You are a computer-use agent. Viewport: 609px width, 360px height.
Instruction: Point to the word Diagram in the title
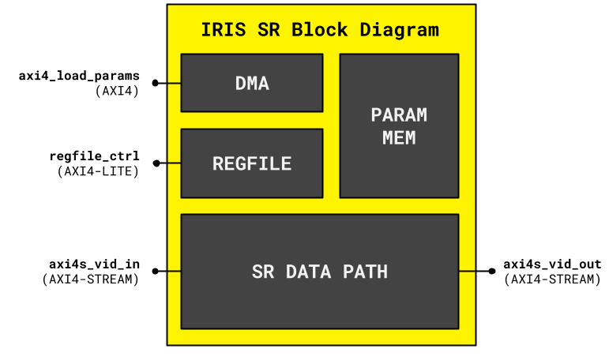tap(399, 31)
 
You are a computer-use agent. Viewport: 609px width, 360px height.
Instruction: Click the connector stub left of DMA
tap(175, 83)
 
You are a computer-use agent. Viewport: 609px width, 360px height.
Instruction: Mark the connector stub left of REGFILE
tap(175, 163)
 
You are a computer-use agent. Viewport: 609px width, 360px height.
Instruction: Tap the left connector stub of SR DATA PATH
tap(175, 272)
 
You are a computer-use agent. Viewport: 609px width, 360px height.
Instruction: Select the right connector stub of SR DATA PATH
tap(467, 272)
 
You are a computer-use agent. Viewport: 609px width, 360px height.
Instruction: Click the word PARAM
tap(399, 115)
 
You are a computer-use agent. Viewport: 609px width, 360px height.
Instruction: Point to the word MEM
tap(399, 138)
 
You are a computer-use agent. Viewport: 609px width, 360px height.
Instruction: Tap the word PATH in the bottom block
tap(365, 272)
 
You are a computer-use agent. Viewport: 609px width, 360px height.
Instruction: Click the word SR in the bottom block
tap(263, 272)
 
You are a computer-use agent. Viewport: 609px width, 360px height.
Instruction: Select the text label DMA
tap(252, 83)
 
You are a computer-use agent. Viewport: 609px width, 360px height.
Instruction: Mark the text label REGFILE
tap(252, 164)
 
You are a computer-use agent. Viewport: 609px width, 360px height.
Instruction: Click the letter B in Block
tap(297, 31)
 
